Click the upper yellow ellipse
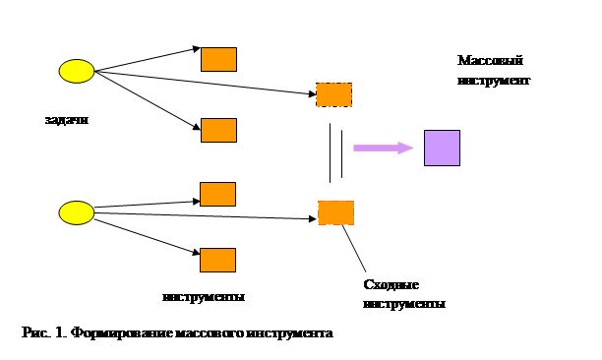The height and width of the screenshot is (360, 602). click(x=77, y=71)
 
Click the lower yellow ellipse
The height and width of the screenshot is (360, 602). click(x=77, y=212)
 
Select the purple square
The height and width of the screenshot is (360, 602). click(x=442, y=149)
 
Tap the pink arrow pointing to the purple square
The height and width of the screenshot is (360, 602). click(x=384, y=148)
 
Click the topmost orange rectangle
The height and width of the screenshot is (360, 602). click(x=218, y=59)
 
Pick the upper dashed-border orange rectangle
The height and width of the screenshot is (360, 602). click(x=334, y=94)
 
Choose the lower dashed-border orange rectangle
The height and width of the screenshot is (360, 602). click(x=336, y=212)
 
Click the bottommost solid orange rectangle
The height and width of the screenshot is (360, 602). click(x=217, y=261)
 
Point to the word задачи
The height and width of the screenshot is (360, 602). click(x=67, y=120)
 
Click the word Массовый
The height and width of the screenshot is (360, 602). click(x=490, y=61)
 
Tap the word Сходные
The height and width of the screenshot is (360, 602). click(x=391, y=285)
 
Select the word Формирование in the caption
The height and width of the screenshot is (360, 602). click(x=123, y=332)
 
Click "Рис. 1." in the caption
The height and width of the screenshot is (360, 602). click(x=45, y=332)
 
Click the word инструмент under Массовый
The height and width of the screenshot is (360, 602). click(x=494, y=81)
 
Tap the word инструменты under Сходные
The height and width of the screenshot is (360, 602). click(x=404, y=304)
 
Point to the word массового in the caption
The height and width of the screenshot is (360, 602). click(x=210, y=333)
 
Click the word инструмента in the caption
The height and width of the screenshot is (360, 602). click(x=289, y=333)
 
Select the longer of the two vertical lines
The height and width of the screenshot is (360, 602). click(x=330, y=153)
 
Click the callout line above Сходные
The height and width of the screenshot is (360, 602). click(x=354, y=248)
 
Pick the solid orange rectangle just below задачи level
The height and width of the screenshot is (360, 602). click(x=218, y=131)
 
